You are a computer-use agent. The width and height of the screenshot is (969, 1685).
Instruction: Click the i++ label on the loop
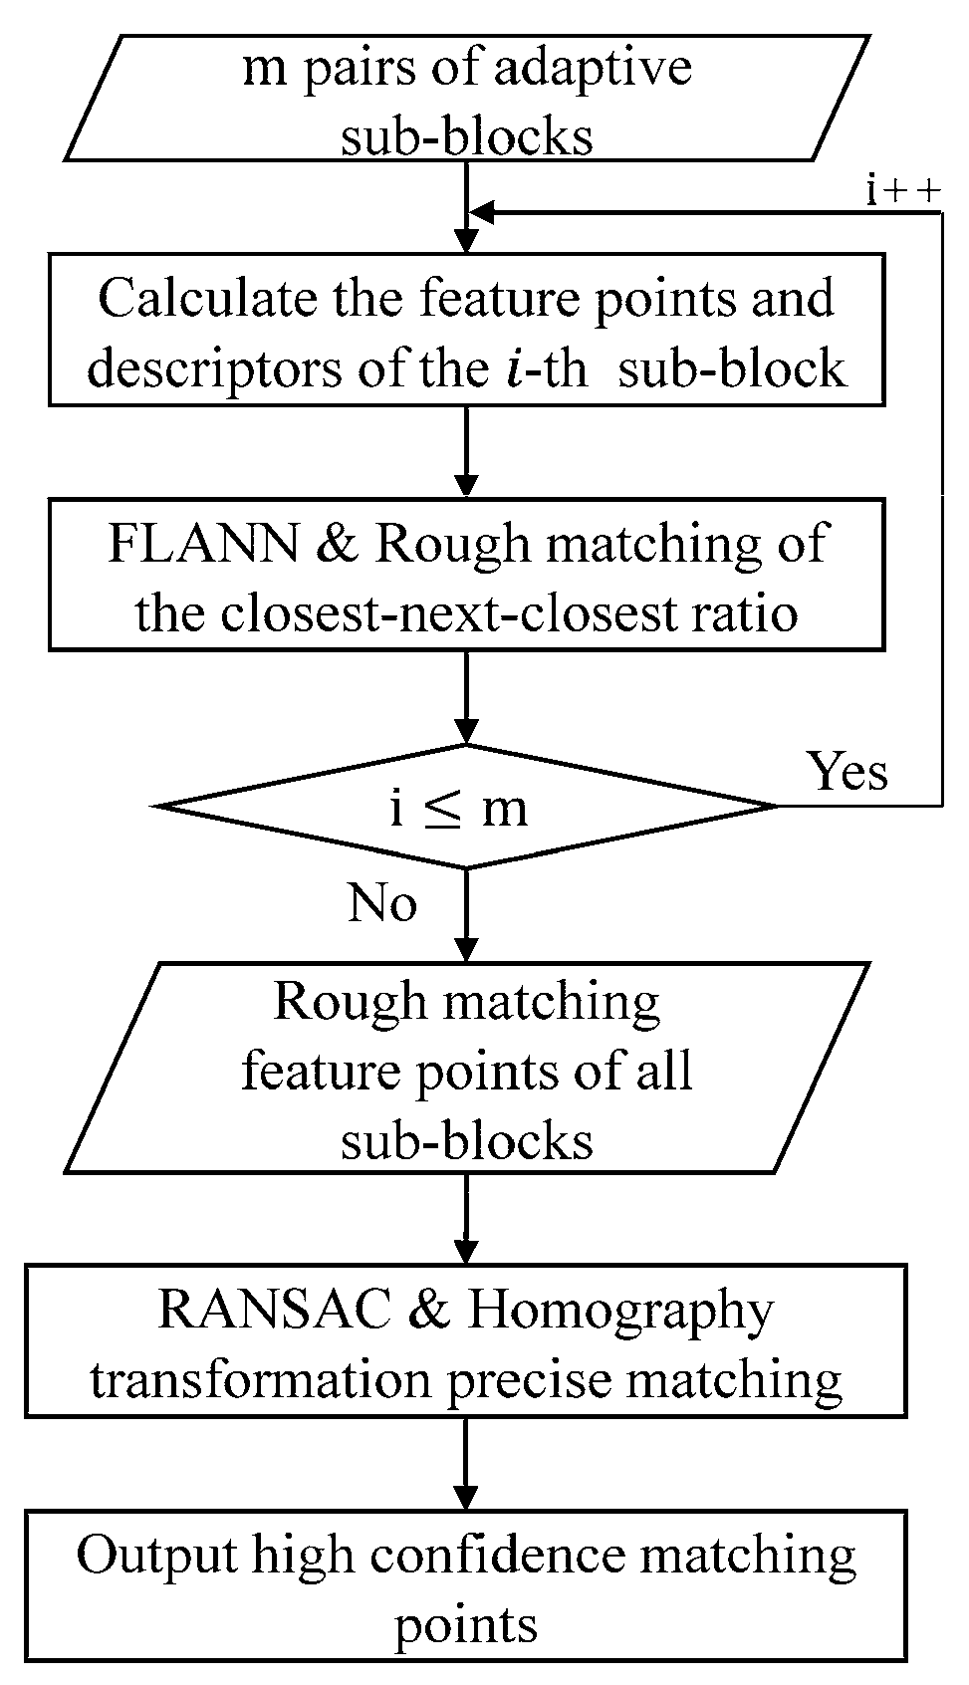pyautogui.click(x=902, y=191)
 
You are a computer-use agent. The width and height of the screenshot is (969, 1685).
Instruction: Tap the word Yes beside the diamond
pyautogui.click(x=848, y=770)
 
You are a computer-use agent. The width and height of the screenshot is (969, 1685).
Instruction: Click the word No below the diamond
pyautogui.click(x=381, y=903)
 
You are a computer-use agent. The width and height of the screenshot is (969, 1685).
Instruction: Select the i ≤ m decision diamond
pyautogui.click(x=464, y=807)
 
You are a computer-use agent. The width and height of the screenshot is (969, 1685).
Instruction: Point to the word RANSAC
pyautogui.click(x=274, y=1310)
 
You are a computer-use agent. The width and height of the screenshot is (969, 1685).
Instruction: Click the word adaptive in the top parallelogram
pyautogui.click(x=610, y=70)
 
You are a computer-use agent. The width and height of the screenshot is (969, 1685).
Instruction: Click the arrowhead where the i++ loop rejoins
pyautogui.click(x=480, y=213)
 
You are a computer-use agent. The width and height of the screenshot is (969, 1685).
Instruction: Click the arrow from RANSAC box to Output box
pyautogui.click(x=465, y=1464)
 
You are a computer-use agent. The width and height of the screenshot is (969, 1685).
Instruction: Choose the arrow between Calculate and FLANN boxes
pyautogui.click(x=465, y=452)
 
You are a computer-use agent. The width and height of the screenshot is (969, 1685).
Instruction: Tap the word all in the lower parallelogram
pyautogui.click(x=663, y=1073)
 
